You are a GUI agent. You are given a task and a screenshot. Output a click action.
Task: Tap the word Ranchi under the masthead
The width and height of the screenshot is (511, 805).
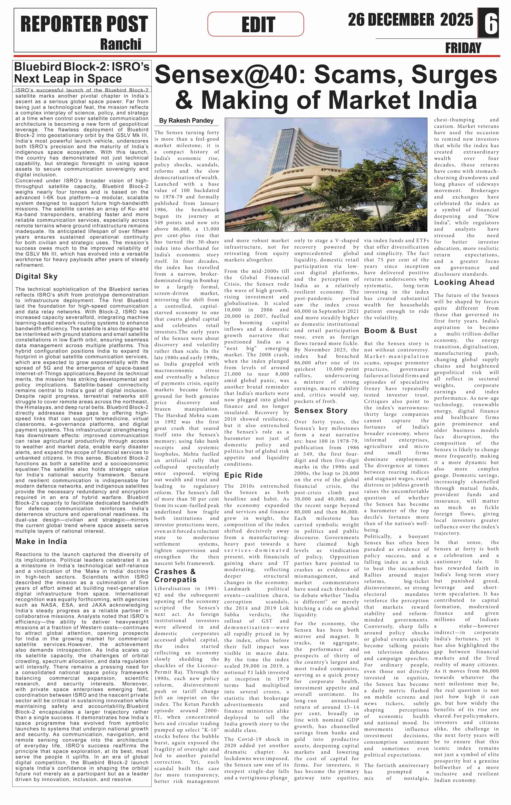click(121, 44)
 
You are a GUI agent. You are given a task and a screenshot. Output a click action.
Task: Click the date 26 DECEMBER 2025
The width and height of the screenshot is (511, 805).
click(410, 20)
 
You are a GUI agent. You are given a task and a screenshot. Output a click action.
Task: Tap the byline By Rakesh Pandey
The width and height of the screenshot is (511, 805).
click(186, 121)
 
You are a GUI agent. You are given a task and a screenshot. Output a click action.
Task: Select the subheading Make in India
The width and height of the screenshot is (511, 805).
click(41, 541)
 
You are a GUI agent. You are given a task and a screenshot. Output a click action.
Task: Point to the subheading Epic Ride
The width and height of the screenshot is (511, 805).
click(243, 475)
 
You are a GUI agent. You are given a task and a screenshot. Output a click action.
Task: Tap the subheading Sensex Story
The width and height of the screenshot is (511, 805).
click(320, 411)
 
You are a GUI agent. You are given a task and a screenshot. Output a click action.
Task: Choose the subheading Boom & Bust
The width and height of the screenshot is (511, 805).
click(390, 331)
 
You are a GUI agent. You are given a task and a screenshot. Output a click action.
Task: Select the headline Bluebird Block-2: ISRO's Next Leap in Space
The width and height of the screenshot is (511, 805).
click(82, 73)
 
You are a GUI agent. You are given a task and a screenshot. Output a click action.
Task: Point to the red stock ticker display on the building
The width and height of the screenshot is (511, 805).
click(267, 207)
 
